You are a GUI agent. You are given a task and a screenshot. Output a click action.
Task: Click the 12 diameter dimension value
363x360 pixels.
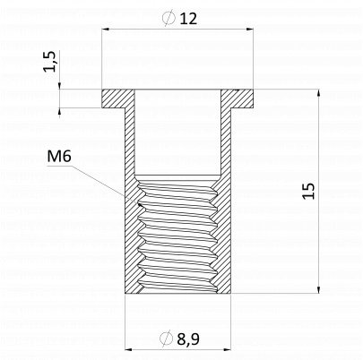[188, 19]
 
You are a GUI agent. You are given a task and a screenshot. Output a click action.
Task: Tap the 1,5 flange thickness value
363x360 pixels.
[50, 61]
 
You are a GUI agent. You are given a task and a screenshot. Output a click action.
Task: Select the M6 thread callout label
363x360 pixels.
[59, 157]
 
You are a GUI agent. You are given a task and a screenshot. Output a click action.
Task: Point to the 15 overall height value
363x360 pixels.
[308, 191]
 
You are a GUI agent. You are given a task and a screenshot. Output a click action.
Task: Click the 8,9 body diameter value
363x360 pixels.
[188, 339]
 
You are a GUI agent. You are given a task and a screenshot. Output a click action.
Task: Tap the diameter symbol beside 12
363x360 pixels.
[169, 18]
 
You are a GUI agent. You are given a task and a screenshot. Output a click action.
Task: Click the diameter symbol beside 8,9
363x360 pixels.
[166, 339]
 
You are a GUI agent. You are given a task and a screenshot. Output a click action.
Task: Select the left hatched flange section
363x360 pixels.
[118, 99]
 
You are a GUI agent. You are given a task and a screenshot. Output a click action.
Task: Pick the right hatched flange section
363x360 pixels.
[238, 99]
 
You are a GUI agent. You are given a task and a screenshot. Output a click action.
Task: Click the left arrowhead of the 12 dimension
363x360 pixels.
[106, 29]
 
